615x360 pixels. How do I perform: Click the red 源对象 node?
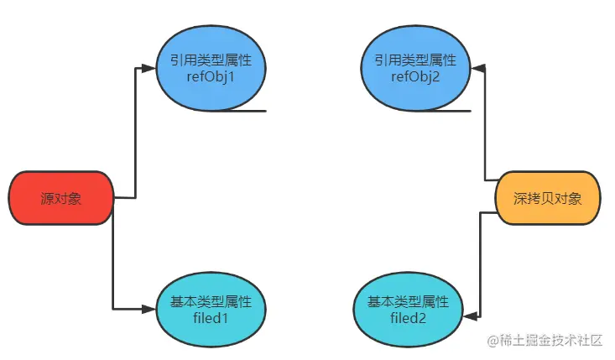click(60, 199)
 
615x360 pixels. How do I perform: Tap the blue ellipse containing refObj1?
click(210, 70)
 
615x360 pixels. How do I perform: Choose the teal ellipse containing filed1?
click(210, 309)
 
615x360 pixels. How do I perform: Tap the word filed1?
click(210, 318)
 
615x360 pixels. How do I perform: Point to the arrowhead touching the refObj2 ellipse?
click(479, 68)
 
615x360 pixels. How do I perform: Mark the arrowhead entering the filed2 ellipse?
click(470, 316)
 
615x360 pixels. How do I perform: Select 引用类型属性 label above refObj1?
click(210, 61)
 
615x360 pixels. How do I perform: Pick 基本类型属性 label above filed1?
click(210, 301)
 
